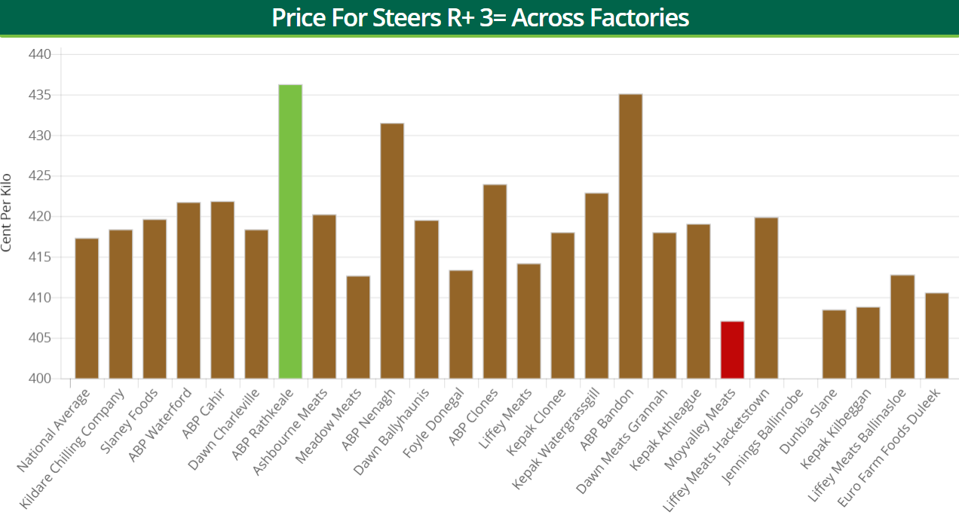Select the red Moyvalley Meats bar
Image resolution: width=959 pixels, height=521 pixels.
click(x=732, y=350)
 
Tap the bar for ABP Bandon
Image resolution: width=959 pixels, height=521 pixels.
click(x=630, y=236)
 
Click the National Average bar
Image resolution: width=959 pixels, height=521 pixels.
click(x=87, y=309)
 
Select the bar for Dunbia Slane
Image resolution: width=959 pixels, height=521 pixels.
click(x=834, y=344)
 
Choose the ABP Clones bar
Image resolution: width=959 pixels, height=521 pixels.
click(x=495, y=282)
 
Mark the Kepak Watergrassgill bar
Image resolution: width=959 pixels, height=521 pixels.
click(x=596, y=286)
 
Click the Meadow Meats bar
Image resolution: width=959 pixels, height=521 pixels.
click(x=358, y=328)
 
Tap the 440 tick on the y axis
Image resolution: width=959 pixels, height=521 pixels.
click(x=40, y=54)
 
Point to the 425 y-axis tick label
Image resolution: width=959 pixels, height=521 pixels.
click(x=40, y=176)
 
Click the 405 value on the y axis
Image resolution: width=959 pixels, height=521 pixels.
click(x=40, y=338)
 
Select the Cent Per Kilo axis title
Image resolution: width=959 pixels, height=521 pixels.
click(x=7, y=212)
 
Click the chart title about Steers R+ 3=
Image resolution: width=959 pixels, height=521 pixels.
click(x=480, y=17)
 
